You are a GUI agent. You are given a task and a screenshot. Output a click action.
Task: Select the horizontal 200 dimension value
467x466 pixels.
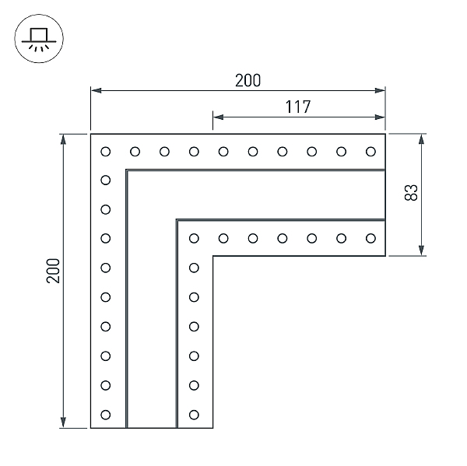point(248,80)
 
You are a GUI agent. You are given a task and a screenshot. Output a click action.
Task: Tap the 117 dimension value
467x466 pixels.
point(297,107)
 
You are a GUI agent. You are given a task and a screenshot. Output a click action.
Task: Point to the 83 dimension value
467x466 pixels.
point(412,192)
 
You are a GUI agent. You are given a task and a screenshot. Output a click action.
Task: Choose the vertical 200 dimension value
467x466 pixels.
point(53,270)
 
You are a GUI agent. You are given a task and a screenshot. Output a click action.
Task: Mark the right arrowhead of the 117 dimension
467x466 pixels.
point(381,117)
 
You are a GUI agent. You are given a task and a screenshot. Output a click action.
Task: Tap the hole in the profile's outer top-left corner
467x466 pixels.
point(106,151)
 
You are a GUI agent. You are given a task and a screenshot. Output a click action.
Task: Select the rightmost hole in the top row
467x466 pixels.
point(370,151)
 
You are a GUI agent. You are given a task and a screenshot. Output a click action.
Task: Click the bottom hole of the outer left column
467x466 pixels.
point(106,414)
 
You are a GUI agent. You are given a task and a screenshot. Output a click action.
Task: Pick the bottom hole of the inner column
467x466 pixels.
point(194,414)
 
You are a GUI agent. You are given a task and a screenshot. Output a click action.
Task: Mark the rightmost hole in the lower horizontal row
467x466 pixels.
point(370,238)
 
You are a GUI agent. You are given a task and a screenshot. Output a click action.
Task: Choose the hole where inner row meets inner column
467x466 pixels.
point(194,238)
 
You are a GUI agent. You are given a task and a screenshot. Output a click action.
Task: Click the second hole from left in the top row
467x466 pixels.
point(135,151)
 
